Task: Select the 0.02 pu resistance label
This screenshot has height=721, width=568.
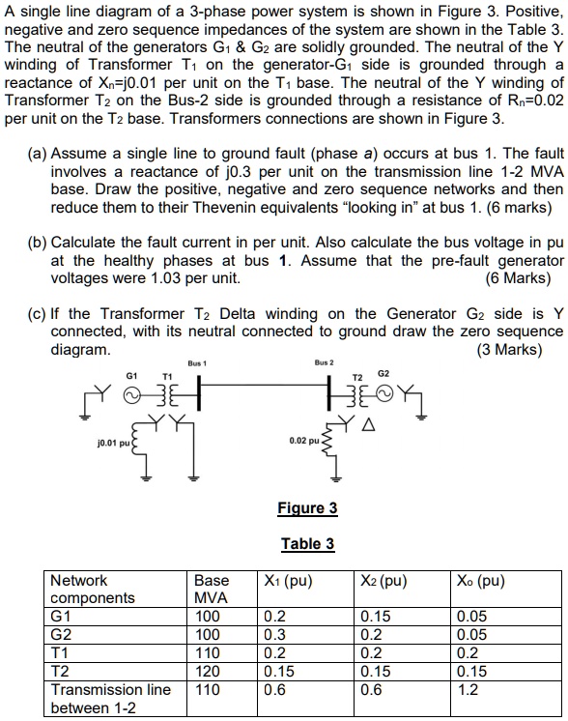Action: (305, 441)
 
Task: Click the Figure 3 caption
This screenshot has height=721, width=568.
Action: (307, 508)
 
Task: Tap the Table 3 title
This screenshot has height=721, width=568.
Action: (307, 543)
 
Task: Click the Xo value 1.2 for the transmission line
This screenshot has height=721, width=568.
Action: (469, 690)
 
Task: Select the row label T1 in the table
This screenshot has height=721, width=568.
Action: (61, 653)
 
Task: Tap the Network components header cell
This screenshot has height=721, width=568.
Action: (92, 589)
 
